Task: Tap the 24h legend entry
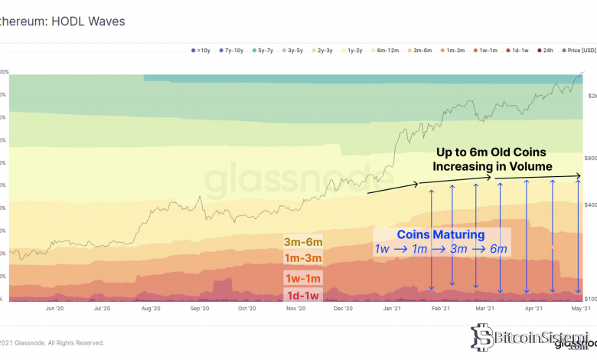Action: [x=546, y=51]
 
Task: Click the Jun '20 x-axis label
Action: [x=55, y=309]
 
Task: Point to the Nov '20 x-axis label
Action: [x=295, y=309]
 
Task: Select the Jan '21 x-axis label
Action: [x=393, y=309]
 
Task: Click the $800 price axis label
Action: [x=591, y=158]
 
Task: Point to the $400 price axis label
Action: [x=591, y=205]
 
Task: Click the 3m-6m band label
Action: [x=303, y=242]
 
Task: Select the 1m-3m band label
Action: [x=303, y=258]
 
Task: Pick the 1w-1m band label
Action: [x=303, y=278]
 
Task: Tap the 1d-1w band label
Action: [x=303, y=295]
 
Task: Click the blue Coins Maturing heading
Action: [x=440, y=234]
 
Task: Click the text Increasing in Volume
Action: [x=492, y=166]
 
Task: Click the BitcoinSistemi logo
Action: [x=529, y=336]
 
